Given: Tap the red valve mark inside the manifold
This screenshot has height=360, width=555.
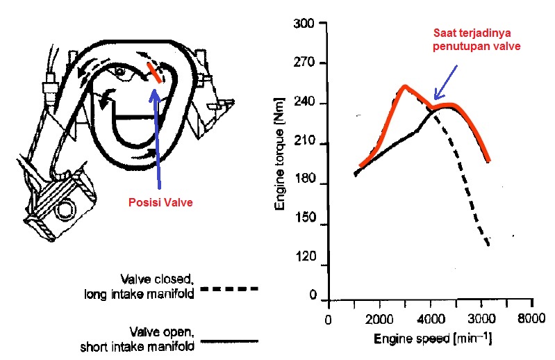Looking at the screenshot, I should pyautogui.click(x=156, y=73).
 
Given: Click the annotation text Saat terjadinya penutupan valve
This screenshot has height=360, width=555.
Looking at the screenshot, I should pyautogui.click(x=477, y=40).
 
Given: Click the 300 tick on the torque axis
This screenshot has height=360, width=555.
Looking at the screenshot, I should pyautogui.click(x=306, y=24).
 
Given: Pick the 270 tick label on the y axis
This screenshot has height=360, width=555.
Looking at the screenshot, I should pyautogui.click(x=306, y=64).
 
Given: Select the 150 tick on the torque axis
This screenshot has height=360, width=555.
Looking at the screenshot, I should pyautogui.click(x=306, y=225).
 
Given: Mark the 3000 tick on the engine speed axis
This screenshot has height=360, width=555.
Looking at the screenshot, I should pyautogui.click(x=481, y=322).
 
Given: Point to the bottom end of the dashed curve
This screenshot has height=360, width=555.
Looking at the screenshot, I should pyautogui.click(x=490, y=245).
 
